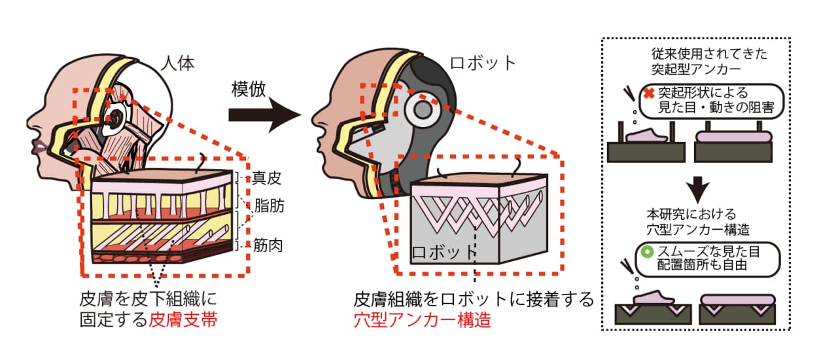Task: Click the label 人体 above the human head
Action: [178, 63]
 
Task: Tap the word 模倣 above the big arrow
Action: [249, 89]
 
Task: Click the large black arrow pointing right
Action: [265, 115]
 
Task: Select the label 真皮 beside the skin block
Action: [266, 178]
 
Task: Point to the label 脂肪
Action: [269, 206]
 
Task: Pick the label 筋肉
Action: [268, 245]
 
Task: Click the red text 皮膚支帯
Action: [183, 319]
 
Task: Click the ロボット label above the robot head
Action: [483, 63]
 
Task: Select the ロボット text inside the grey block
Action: [444, 253]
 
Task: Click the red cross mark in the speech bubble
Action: [649, 93]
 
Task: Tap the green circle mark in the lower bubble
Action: [647, 252]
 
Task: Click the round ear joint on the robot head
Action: [423, 110]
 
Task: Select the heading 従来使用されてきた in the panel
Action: [709, 54]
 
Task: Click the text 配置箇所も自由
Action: [702, 265]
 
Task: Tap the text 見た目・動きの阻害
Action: [716, 107]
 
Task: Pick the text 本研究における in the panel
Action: [691, 214]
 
